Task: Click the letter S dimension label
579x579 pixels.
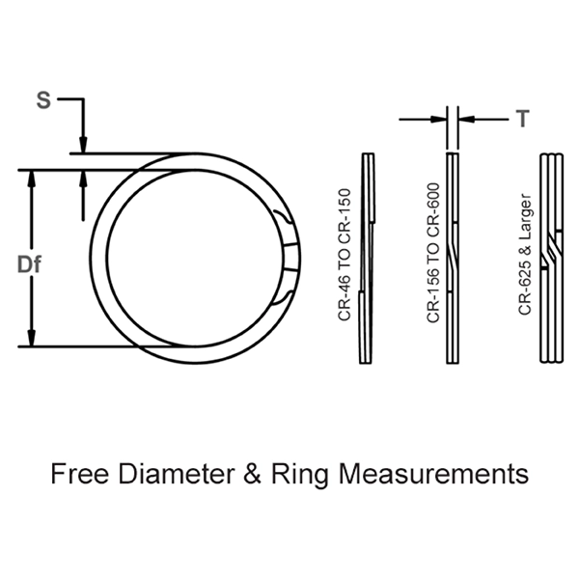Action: pyautogui.click(x=41, y=99)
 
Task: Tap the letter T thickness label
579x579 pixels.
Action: pyautogui.click(x=522, y=119)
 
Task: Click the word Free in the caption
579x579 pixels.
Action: pyautogui.click(x=81, y=475)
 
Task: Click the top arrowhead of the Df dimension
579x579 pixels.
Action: pyautogui.click(x=32, y=179)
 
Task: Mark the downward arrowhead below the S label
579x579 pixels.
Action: pyautogui.click(x=85, y=146)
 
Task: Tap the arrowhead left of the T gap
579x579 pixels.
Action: pyautogui.click(x=439, y=119)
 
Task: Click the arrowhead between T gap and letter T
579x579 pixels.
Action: pyautogui.click(x=465, y=119)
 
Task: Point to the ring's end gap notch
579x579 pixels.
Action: pyautogui.click(x=289, y=259)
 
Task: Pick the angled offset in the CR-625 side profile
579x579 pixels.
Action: pyautogui.click(x=550, y=253)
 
